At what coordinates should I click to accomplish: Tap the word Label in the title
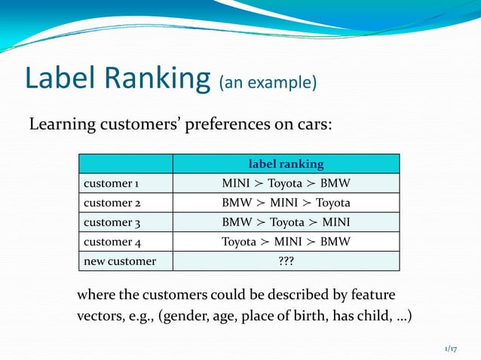[59, 80]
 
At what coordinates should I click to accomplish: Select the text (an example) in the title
[267, 82]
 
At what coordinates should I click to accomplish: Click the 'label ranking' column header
[286, 163]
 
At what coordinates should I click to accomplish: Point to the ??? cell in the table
[286, 261]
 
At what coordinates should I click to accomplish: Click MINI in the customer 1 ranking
[236, 183]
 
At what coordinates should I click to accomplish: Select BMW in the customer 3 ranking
[236, 222]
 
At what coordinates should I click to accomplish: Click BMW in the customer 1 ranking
[335, 183]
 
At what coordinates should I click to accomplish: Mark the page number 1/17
[451, 348]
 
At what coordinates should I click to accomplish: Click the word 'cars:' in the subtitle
[312, 124]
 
